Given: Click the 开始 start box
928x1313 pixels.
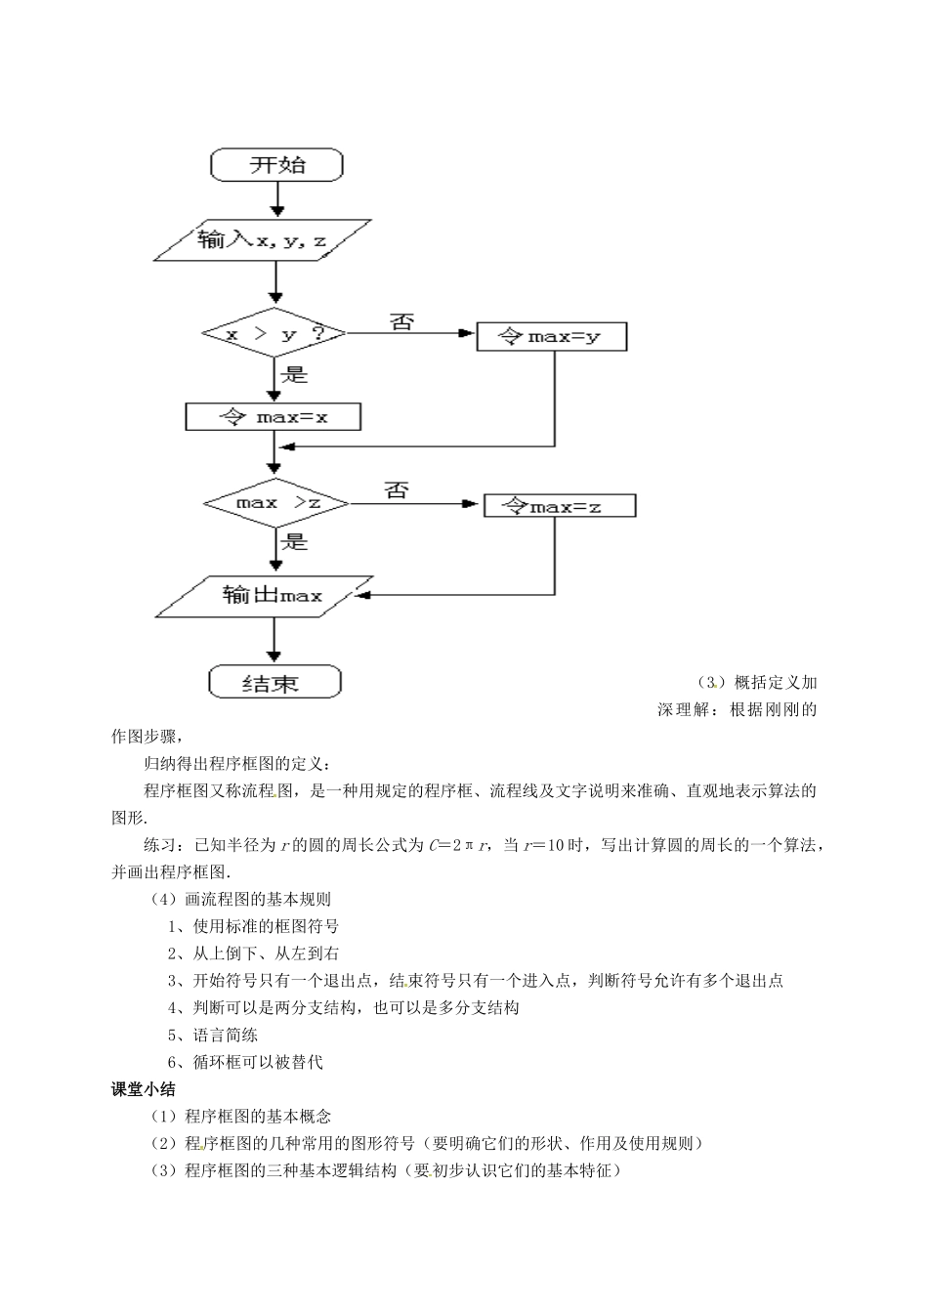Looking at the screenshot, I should pos(277,164).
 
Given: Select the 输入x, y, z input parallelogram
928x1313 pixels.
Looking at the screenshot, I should pos(262,239).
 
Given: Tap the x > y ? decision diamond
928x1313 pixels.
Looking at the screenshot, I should pos(274,334).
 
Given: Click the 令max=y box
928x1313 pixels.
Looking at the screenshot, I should pos(551,336).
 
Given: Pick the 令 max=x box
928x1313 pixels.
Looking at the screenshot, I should pos(273,417).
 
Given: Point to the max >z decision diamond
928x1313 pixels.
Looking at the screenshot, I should pos(277,503).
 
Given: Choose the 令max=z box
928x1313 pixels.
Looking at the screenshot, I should pos(560,505).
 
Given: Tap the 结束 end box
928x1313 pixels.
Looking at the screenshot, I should pos(274,682).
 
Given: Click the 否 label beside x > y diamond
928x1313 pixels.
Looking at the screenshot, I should pos(401,321).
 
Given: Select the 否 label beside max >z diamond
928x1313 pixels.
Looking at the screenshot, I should pos(396,490).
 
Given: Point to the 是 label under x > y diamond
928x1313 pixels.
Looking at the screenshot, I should pos(294,374).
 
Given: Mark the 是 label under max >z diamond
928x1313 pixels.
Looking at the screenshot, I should pos(294,540).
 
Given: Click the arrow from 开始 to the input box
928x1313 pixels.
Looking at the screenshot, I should pos(277,198).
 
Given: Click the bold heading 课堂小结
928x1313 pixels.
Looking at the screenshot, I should pos(144,1089).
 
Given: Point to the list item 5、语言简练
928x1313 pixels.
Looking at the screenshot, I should pos(212,1035).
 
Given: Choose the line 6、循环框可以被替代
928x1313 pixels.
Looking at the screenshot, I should pos(244,1062).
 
